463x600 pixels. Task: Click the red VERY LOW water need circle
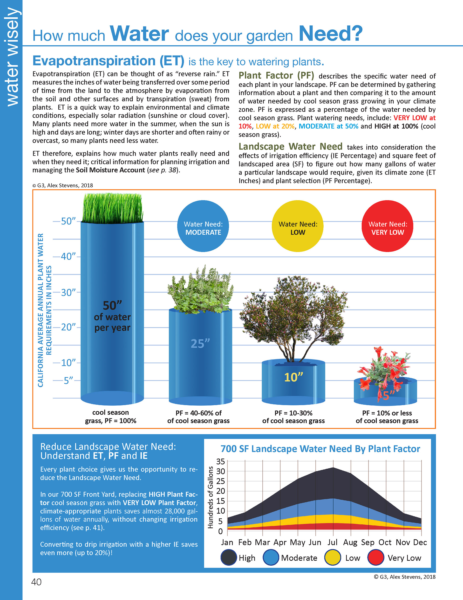(x=387, y=226)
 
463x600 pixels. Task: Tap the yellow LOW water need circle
(x=298, y=226)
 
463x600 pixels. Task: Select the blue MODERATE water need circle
(x=203, y=226)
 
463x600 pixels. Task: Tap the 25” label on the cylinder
(x=200, y=343)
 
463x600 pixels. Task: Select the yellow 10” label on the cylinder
(x=293, y=377)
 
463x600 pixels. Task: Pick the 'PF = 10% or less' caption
(x=387, y=413)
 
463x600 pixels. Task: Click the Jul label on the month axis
(x=332, y=542)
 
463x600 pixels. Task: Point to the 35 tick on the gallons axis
(x=220, y=462)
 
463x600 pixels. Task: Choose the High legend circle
(x=229, y=558)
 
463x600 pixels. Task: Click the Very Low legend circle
(x=375, y=558)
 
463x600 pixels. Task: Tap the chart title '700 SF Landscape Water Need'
(x=320, y=449)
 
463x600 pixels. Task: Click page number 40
(x=36, y=582)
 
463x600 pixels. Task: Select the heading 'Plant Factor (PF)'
(x=276, y=76)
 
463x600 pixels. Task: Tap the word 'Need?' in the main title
(x=330, y=34)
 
